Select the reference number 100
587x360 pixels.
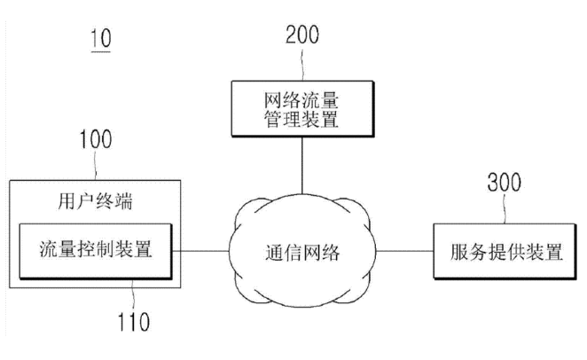pos(95,139)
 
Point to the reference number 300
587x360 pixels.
pos(505,184)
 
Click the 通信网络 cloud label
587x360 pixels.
pos(301,252)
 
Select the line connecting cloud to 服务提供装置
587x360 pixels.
pos(403,252)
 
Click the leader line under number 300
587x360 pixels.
pos(506,210)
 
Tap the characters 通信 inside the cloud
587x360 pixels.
pos(281,252)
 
